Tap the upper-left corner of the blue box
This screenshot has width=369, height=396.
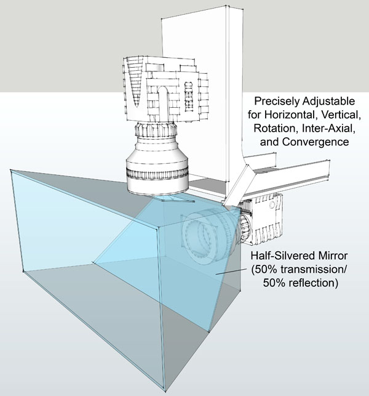point(10,170)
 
